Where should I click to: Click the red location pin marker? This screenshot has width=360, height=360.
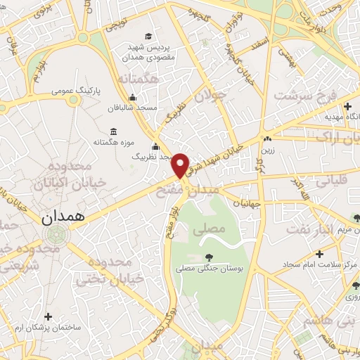181,165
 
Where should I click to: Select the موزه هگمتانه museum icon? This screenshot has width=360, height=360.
114,131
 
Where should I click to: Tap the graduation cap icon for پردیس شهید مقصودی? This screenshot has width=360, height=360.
148,36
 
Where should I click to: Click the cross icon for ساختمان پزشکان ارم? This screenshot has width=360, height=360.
47,317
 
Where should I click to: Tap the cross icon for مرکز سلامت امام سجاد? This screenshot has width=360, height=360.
320,253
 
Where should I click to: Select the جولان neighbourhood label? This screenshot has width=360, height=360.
209,98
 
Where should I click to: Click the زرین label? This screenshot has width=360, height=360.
267,150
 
